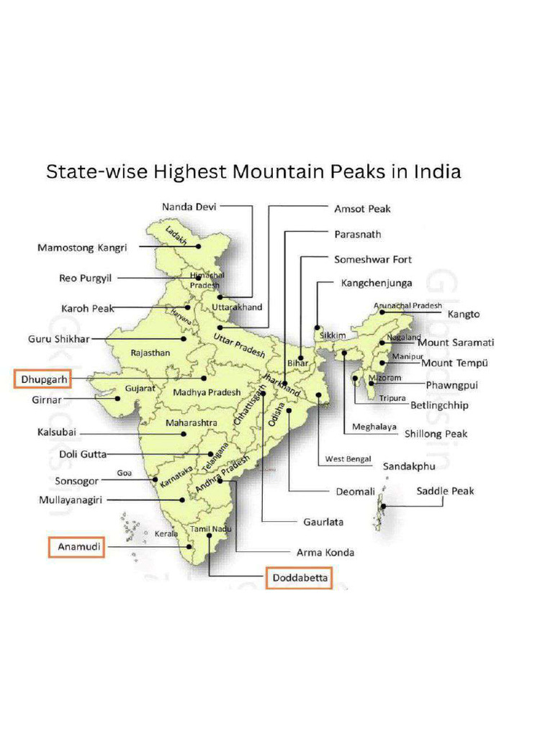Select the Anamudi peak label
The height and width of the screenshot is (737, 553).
tap(76, 548)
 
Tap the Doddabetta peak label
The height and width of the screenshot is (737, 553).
tap(299, 578)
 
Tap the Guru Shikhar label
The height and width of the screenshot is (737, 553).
tap(58, 338)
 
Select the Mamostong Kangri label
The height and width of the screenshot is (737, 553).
tap(82, 248)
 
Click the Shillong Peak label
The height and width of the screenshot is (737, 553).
tap(436, 433)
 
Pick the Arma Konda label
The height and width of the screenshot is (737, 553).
tap(325, 553)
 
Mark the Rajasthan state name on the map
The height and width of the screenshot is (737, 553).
tap(150, 353)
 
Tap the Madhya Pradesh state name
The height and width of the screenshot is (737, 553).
tap(206, 392)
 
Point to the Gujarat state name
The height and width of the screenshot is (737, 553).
tap(140, 388)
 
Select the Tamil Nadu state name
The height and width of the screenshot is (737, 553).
tap(209, 529)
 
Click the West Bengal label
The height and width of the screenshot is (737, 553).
tap(348, 458)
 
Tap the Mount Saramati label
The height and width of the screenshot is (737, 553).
tap(456, 343)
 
